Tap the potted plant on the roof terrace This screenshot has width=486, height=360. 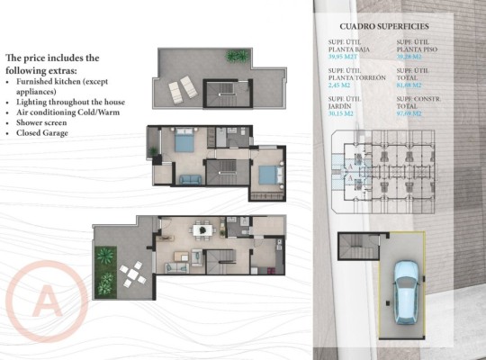237,56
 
